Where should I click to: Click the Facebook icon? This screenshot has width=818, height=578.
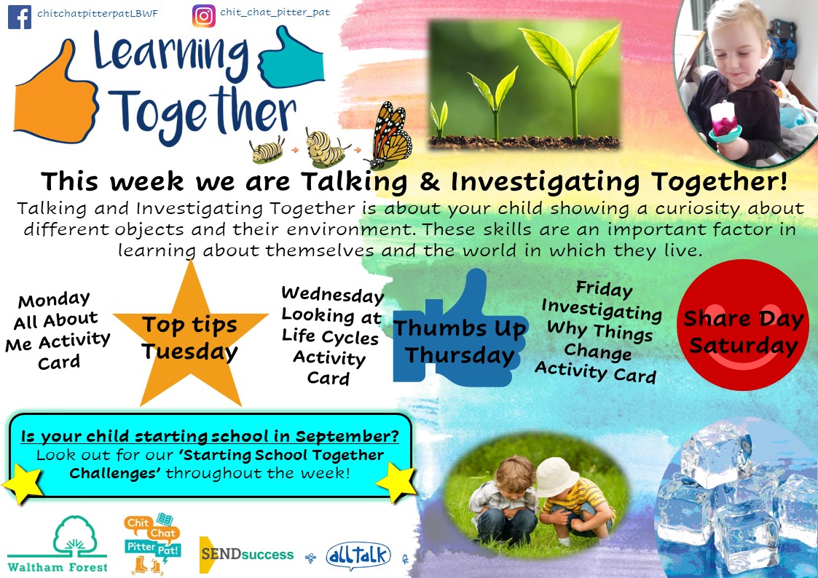coord(20,17)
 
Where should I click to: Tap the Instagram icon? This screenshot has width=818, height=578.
coord(203,16)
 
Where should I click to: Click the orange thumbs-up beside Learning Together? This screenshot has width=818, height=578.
coord(55,95)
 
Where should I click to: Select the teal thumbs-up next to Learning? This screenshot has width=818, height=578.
coord(291,58)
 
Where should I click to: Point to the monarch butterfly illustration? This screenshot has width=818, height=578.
coord(390,134)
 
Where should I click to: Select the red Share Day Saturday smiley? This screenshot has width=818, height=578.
coord(743,324)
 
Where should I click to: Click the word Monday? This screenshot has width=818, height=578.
coord(54,300)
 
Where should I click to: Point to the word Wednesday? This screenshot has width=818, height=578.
coord(332,295)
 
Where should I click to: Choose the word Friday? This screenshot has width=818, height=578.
coord(604,289)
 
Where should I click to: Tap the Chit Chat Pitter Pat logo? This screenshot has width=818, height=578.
coord(152,544)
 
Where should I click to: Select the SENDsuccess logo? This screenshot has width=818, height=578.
coord(247,555)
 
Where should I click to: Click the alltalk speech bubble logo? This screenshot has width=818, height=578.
coord(358,555)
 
